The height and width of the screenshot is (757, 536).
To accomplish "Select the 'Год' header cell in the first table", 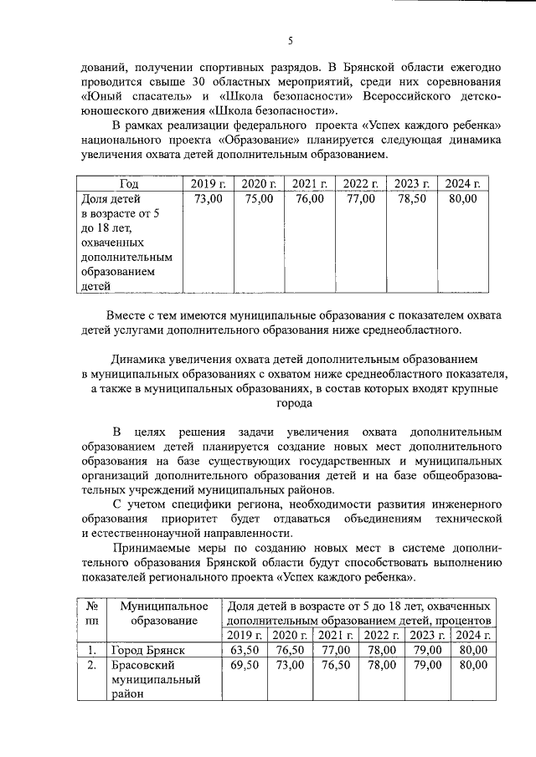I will click(x=129, y=184).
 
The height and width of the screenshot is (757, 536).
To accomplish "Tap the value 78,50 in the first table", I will click(x=411, y=200).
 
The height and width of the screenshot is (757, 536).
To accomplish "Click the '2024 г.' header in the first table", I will click(x=462, y=184).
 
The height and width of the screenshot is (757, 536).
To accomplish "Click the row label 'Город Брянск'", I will click(x=147, y=650).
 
